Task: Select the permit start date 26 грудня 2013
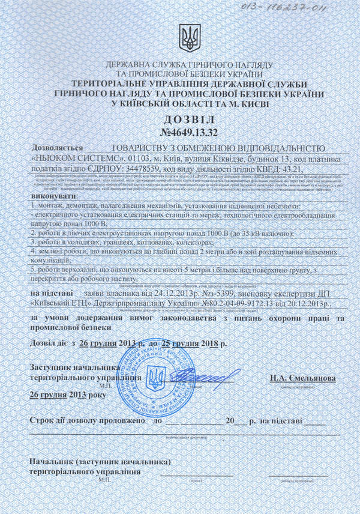[x=110, y=345]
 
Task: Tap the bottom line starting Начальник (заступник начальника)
[x=100, y=462]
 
